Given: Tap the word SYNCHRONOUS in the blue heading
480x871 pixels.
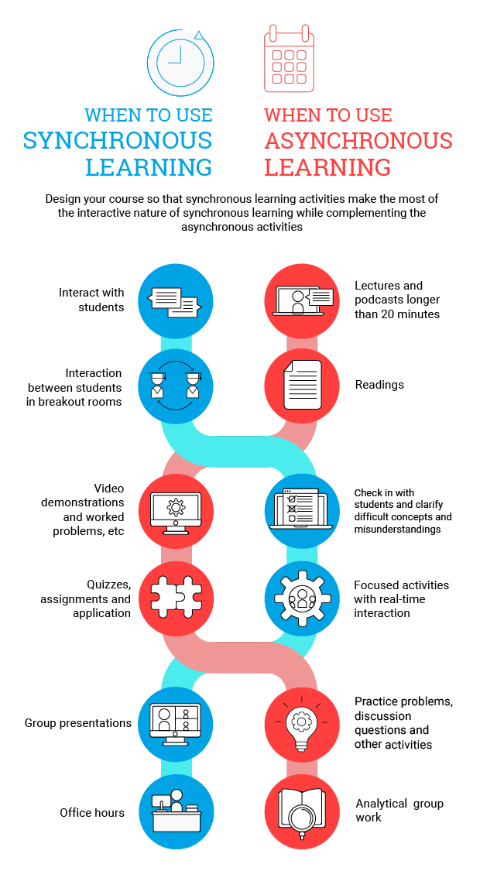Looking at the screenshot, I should click(x=118, y=140).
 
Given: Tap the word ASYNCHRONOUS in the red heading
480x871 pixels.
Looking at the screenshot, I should click(x=358, y=141).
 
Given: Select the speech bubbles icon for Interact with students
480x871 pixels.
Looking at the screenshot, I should click(x=175, y=301).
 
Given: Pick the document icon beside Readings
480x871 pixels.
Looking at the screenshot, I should click(x=302, y=385).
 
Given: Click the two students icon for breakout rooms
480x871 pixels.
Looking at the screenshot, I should click(x=175, y=385).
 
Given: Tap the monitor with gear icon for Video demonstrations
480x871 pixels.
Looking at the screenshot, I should click(x=176, y=510).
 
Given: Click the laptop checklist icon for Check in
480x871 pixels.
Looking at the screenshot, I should click(x=302, y=510).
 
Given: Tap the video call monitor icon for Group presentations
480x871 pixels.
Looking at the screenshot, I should click(x=175, y=723).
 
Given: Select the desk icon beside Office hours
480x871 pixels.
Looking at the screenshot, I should click(x=175, y=811).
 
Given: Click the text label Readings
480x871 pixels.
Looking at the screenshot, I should click(x=379, y=385).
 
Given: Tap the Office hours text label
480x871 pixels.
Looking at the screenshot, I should click(x=92, y=813).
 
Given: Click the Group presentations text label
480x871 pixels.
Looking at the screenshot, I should click(x=78, y=723).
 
